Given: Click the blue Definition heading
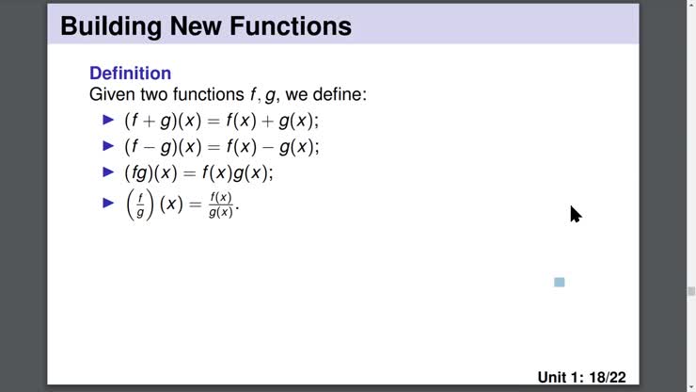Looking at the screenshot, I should [130, 73].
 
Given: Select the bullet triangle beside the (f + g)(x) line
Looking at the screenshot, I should [107, 120].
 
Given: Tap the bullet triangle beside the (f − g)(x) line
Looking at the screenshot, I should [107, 146].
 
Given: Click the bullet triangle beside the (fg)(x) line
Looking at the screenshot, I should [107, 172].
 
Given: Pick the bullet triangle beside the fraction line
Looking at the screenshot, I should [107, 202].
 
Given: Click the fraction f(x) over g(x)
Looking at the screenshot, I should [220, 204].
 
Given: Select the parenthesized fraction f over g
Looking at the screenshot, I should [139, 204].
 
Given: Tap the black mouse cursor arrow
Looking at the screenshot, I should [575, 214].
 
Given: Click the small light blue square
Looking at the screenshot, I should [560, 282].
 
